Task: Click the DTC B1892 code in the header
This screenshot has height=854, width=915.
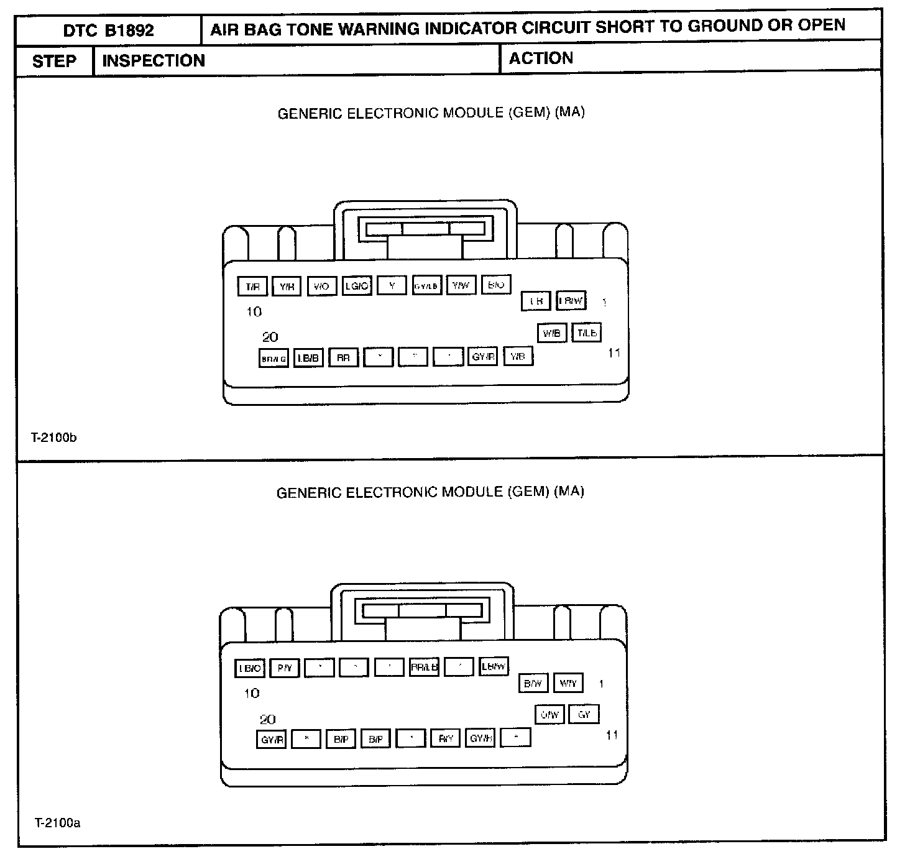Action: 108,30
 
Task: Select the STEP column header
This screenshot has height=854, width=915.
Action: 54,62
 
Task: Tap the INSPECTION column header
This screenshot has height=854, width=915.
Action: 153,61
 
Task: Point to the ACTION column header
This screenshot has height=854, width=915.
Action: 540,58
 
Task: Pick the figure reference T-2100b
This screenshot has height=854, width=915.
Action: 54,438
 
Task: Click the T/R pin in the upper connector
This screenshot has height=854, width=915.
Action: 252,287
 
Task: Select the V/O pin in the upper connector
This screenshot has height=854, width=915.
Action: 321,287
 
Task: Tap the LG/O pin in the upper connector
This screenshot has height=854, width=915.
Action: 357,286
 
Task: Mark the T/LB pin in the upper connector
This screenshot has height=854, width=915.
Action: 587,333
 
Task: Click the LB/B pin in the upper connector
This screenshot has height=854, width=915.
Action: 308,359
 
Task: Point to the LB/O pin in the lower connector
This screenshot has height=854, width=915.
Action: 250,669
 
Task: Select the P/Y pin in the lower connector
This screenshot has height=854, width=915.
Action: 285,669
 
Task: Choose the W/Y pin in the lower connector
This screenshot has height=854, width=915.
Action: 568,684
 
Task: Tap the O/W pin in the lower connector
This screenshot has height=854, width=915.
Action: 549,715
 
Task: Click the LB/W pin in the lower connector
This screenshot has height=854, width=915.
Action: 494,667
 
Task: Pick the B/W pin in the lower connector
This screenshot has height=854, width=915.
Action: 533,684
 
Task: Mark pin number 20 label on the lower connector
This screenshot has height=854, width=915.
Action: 268,720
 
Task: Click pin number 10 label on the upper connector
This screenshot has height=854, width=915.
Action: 254,312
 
